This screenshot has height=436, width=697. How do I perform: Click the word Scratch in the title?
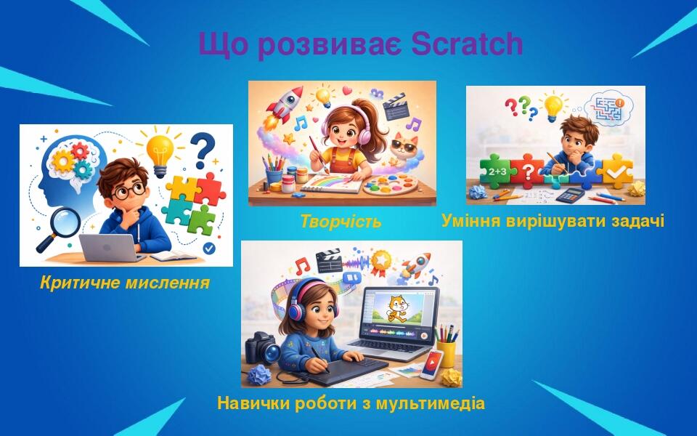coord(467,45)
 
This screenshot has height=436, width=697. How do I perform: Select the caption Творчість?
coord(341,222)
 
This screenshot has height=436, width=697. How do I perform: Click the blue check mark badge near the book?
coord(209,248)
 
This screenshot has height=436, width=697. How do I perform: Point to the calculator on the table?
coord(573,195)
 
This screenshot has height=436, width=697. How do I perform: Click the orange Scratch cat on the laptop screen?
coord(397,307)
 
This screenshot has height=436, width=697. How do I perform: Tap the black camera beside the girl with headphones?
coord(263,348)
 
